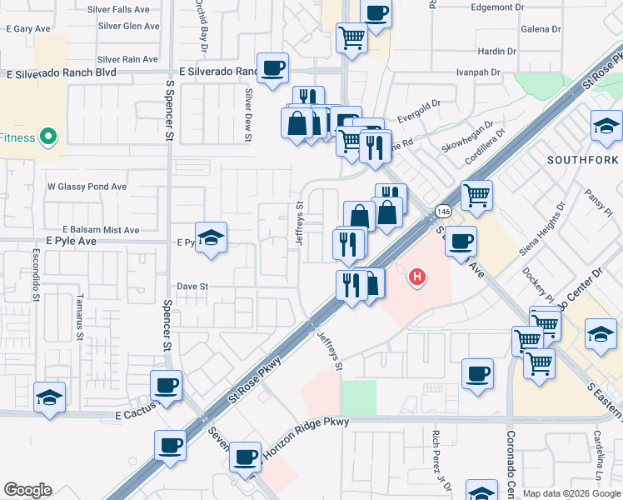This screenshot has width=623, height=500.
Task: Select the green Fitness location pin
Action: pyautogui.click(x=48, y=137)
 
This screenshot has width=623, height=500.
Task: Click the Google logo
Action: pyautogui.click(x=27, y=490)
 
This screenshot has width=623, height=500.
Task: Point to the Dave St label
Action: pyautogui.click(x=192, y=286)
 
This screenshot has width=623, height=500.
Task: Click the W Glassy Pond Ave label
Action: pyautogui.click(x=87, y=187)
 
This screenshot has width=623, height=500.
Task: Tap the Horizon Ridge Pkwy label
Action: pyautogui.click(x=305, y=436)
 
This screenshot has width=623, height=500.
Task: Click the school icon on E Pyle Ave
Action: pyautogui.click(x=212, y=237)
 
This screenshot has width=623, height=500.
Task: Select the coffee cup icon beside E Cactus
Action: pyautogui.click(x=166, y=385)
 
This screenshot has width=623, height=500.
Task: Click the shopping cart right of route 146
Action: pyautogui.click(x=476, y=196)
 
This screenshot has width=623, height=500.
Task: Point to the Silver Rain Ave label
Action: pyautogui.click(x=127, y=59)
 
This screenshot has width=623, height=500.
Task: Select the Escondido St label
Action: pyautogui.click(x=37, y=273)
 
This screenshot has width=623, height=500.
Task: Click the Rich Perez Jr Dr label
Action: pyautogui.click(x=435, y=460)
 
